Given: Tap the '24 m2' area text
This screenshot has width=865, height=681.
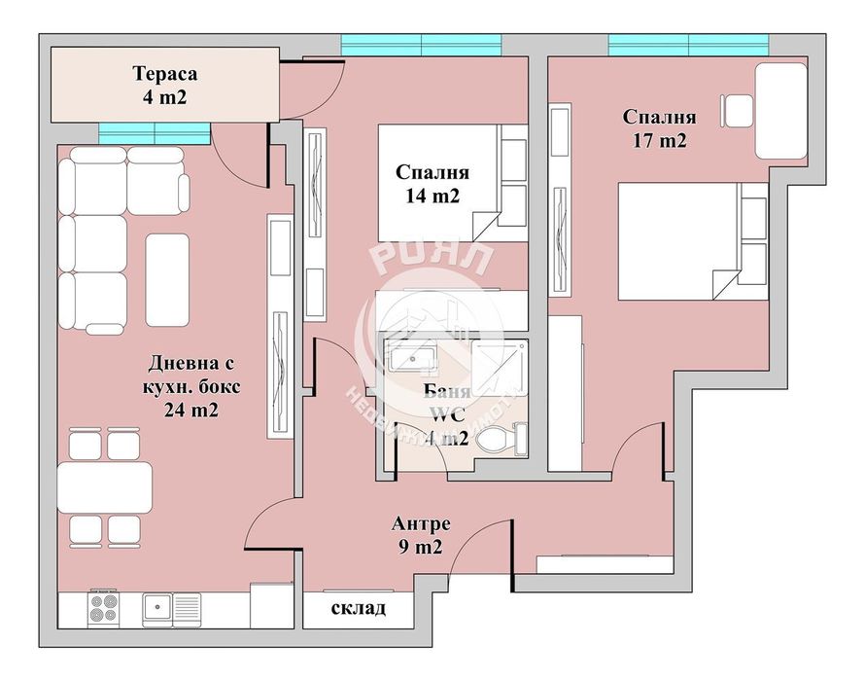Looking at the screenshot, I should (x=190, y=410).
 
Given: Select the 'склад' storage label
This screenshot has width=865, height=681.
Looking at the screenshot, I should (x=359, y=609).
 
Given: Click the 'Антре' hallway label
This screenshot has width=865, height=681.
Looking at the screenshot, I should (x=421, y=523).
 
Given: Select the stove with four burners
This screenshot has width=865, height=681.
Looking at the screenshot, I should (x=103, y=609).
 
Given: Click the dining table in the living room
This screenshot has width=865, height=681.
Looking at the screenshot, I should (x=105, y=486).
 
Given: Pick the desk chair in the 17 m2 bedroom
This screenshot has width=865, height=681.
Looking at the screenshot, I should (x=737, y=110).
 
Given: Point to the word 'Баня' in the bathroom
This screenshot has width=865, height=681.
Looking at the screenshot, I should (x=447, y=393).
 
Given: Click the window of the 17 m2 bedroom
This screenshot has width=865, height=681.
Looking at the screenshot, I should (x=688, y=45).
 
